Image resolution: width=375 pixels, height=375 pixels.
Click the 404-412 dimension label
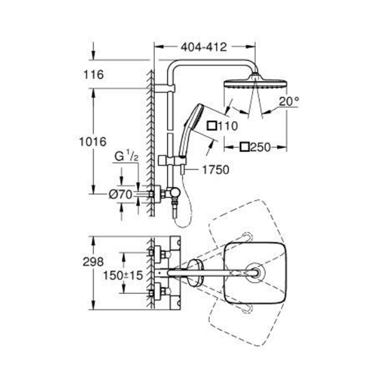coord(204,47)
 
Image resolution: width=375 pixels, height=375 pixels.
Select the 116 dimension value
coord(94,74)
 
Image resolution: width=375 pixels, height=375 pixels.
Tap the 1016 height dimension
coord(92,142)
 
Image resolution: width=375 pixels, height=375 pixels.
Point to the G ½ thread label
coord(126,156)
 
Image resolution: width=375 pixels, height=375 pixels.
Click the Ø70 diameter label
coord(121,194)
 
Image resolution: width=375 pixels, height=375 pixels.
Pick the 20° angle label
coord(289,101)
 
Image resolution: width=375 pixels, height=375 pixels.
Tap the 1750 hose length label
coord(216,170)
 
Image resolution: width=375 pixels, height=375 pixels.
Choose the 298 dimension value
coord(93,262)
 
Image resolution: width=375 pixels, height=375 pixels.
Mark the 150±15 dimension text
coord(123,275)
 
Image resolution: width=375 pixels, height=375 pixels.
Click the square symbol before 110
coord(212,126)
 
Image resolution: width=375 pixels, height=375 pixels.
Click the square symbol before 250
coord(245,147)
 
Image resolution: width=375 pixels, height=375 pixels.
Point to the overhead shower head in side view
coord(255,83)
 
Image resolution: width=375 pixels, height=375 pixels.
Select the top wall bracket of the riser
coord(165,88)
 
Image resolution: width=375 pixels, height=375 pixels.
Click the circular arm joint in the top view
coord(256,272)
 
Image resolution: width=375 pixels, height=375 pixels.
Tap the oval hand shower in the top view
coord(195,272)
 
